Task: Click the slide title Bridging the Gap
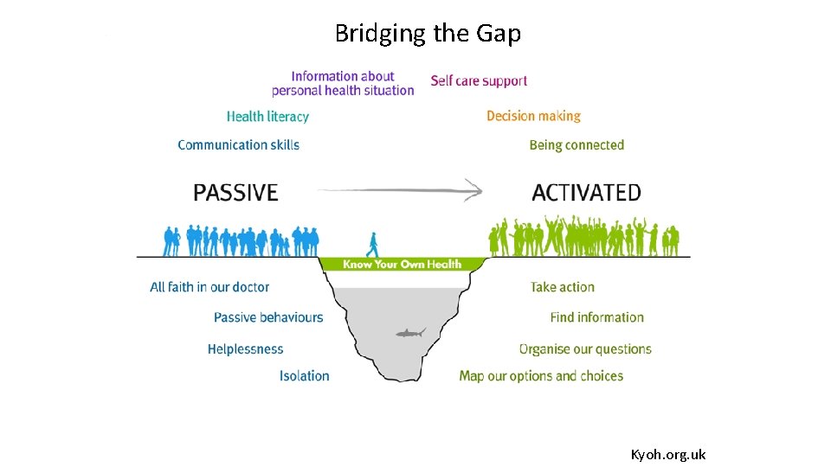[428, 34]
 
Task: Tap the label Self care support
[479, 80]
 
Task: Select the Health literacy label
[267, 116]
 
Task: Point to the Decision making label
[533, 116]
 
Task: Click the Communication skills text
[238, 144]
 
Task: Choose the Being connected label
[577, 144]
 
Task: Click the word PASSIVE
[235, 192]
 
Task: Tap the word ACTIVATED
[586, 192]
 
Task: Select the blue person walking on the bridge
[373, 245]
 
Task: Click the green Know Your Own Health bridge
[402, 264]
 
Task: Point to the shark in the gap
[410, 333]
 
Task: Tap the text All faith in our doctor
[209, 287]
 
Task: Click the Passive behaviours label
[268, 317]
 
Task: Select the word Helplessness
[245, 349]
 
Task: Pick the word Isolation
[304, 375]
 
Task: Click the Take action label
[563, 287]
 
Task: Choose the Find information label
[596, 317]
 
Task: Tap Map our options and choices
[541, 375]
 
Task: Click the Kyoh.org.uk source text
[667, 454]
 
